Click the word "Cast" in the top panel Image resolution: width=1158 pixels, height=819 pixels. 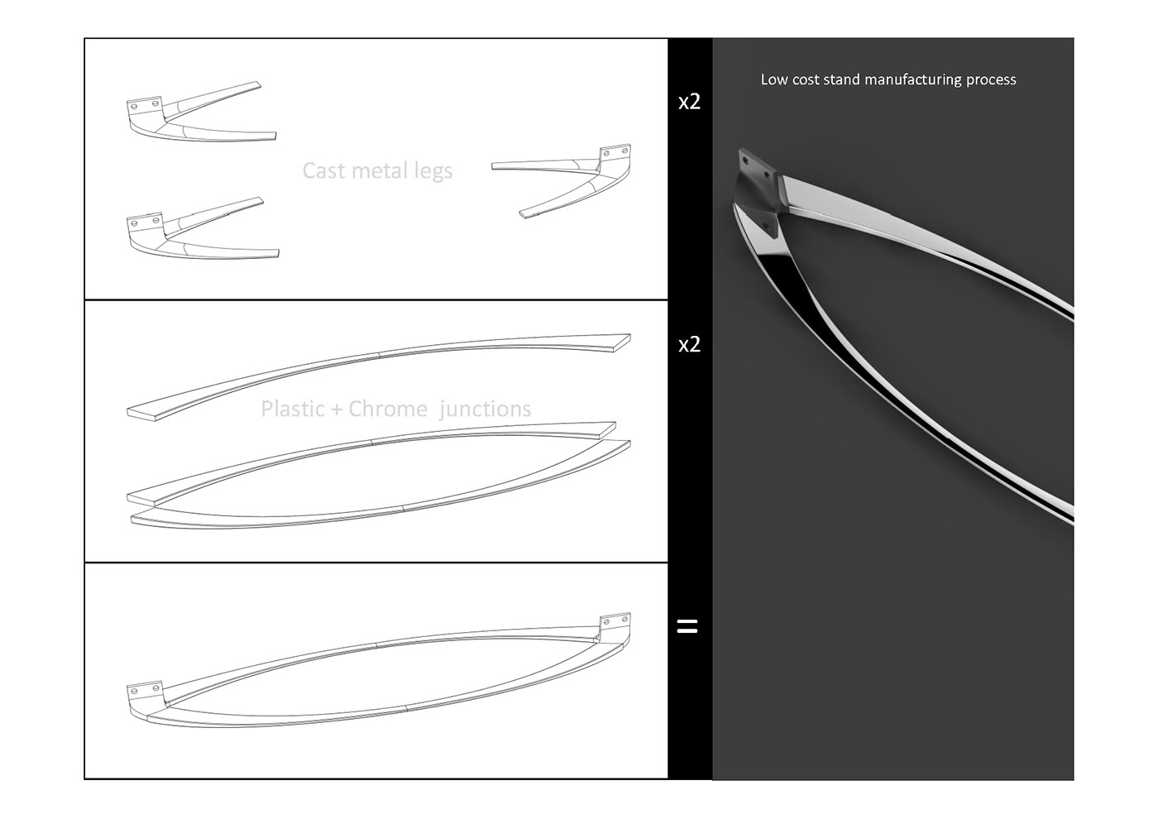323,170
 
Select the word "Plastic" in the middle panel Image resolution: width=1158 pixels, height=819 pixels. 292,409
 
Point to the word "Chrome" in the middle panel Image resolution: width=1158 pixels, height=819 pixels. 388,409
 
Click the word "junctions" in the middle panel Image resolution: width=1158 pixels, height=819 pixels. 486,409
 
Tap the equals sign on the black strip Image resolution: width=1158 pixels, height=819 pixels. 687,626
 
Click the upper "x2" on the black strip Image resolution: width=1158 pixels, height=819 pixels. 689,102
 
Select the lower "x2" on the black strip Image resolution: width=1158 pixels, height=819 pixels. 689,344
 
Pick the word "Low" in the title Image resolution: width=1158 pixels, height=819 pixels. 774,79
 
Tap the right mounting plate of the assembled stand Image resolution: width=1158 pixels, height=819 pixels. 615,621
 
